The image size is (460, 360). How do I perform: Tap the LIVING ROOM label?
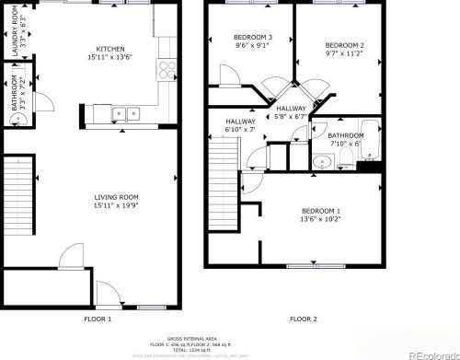point(116,196)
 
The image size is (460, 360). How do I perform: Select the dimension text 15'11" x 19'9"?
point(116,205)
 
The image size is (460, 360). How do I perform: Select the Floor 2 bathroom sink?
point(319,162)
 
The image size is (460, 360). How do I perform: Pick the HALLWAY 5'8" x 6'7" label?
point(291,112)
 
